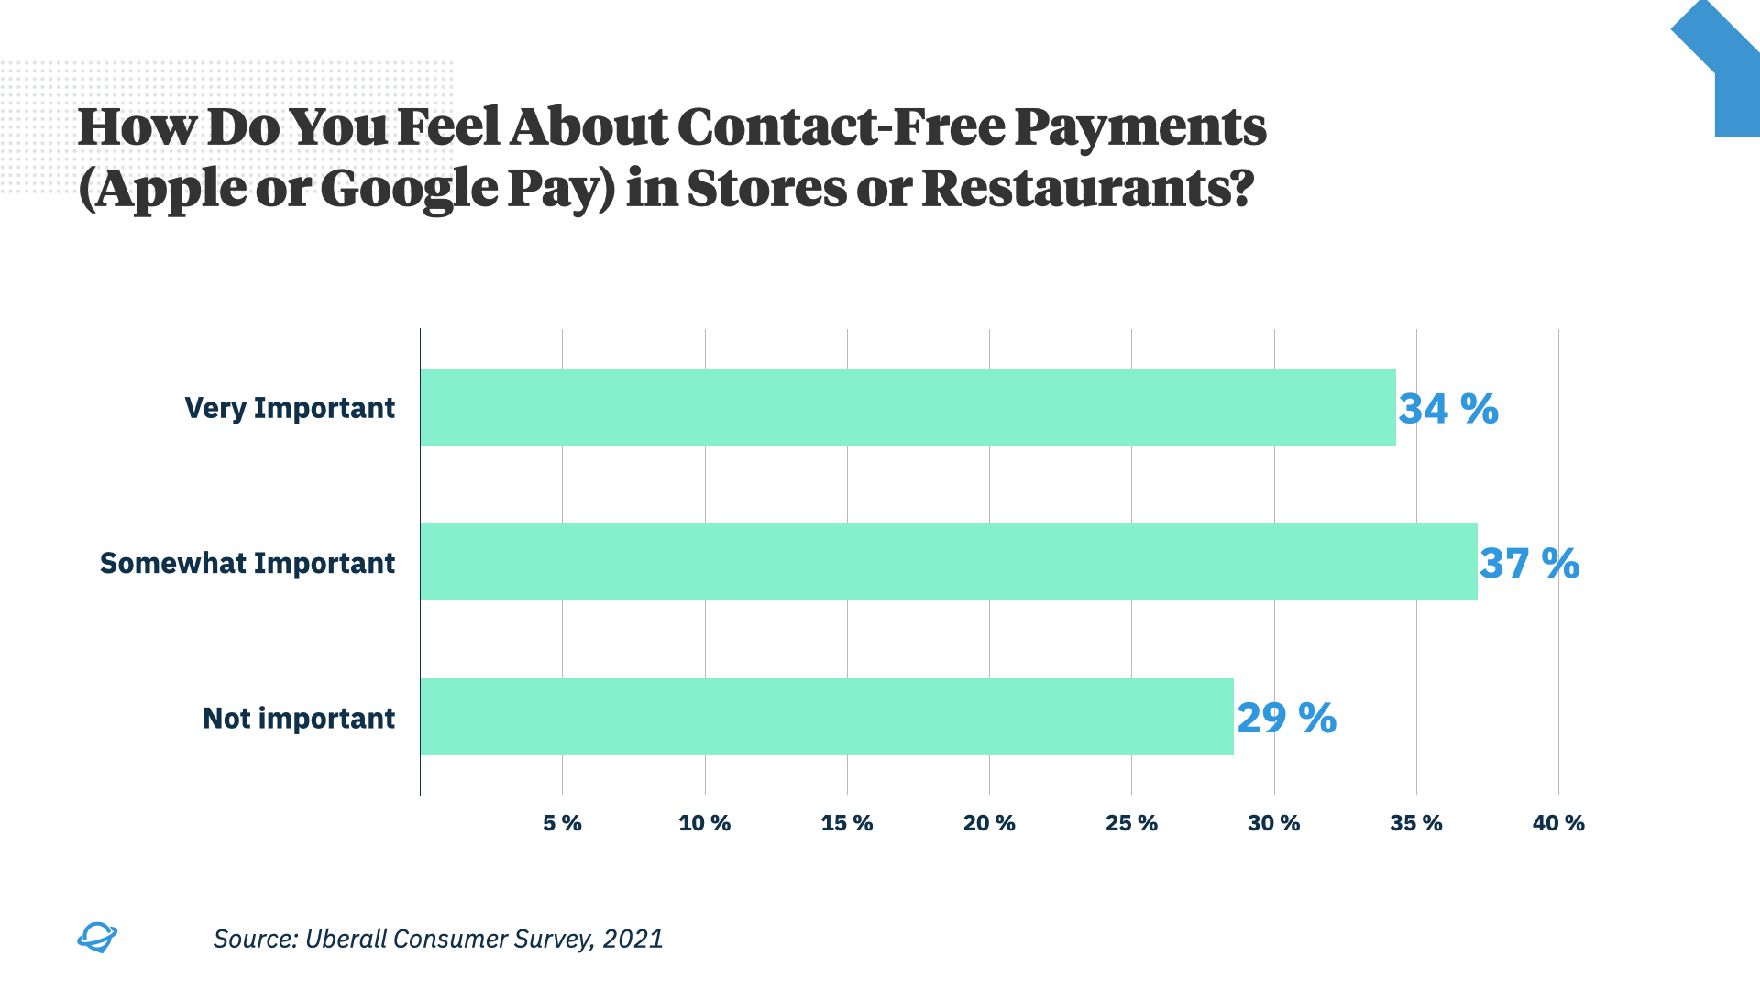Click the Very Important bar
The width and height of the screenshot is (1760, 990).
[907, 407]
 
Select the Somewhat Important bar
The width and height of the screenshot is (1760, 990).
[949, 562]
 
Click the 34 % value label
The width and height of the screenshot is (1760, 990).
[1447, 409]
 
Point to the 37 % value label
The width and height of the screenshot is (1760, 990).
[1529, 564]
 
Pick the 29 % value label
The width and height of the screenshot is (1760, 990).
[1286, 719]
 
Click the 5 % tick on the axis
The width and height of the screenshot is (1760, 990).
[562, 823]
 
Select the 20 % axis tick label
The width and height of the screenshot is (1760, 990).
[989, 823]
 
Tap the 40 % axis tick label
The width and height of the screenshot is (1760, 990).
[1558, 823]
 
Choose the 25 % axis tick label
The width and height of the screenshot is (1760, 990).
[1131, 823]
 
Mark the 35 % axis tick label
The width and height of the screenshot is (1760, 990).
[1416, 823]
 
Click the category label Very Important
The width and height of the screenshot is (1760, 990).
[290, 408]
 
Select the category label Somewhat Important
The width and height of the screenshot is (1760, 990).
[247, 563]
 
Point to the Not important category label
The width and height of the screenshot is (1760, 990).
[299, 718]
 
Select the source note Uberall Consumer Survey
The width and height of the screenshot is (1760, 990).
[438, 939]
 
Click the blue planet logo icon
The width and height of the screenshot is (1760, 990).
[96, 937]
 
